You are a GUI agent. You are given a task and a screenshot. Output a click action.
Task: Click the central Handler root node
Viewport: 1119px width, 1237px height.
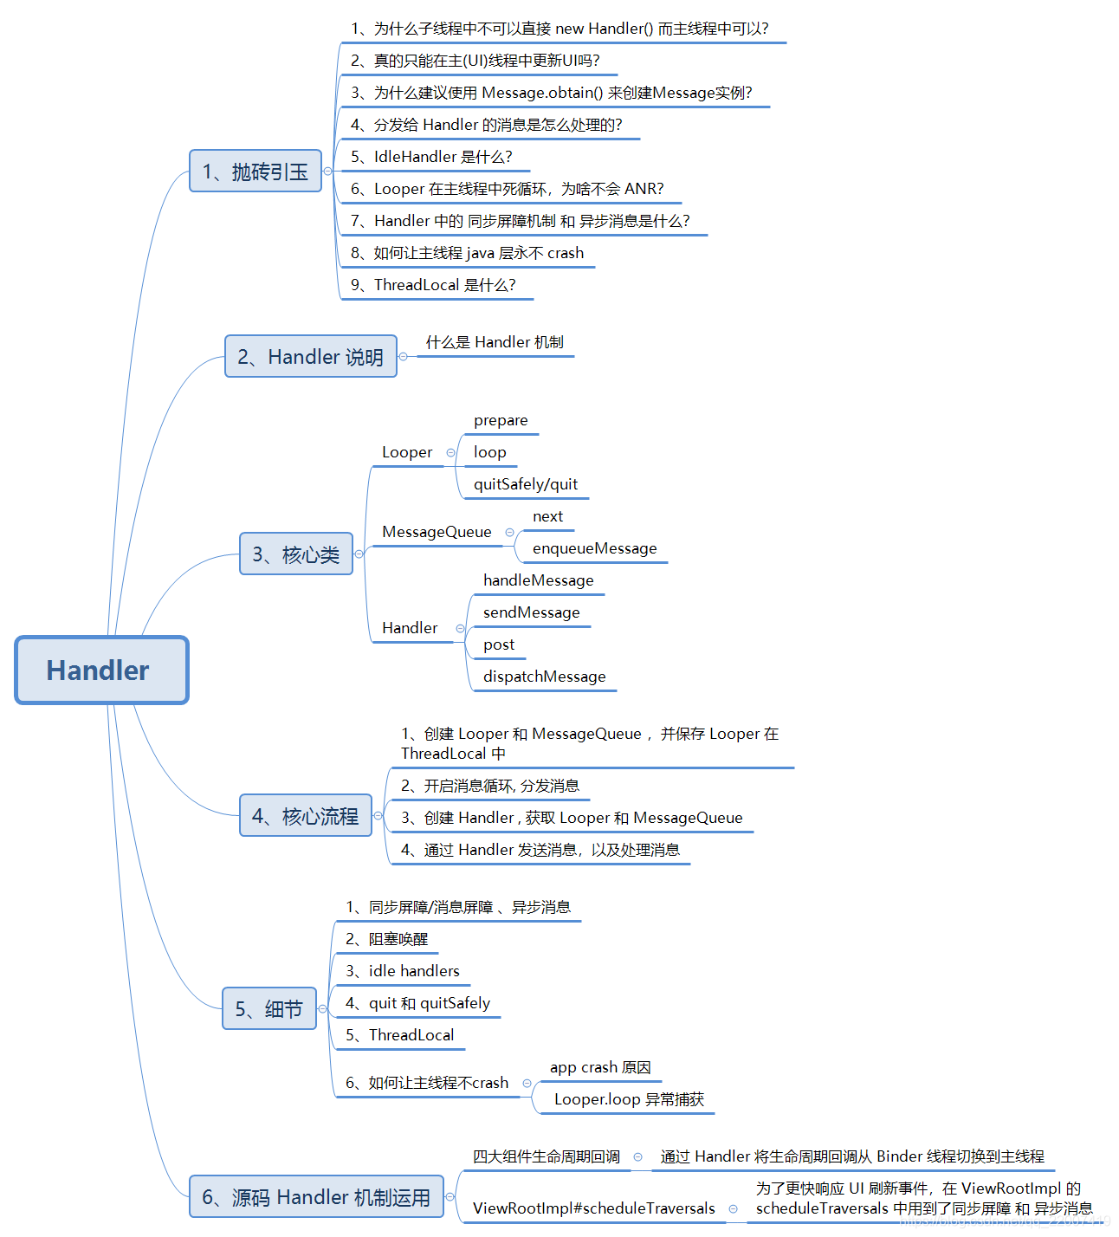[x=101, y=670]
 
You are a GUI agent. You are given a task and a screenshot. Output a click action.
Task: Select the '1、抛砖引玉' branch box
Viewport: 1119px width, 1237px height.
[x=255, y=172]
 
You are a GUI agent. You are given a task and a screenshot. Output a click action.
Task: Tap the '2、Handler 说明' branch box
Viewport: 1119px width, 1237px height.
[x=310, y=357]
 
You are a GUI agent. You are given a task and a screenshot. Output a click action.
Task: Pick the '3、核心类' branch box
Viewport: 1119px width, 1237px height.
[x=296, y=554]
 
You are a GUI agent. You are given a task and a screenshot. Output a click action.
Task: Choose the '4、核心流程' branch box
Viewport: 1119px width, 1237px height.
[x=305, y=816]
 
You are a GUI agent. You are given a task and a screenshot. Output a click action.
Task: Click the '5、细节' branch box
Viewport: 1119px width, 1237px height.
[x=268, y=1009]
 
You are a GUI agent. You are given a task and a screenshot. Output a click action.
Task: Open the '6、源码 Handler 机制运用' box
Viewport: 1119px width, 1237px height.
[x=316, y=1197]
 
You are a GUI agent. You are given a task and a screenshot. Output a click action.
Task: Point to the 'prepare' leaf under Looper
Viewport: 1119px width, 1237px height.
[x=501, y=421]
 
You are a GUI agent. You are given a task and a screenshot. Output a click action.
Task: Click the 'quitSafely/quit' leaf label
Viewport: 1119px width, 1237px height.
[x=526, y=484]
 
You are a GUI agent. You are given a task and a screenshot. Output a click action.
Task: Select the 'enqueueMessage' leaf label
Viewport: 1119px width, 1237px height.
[x=594, y=548]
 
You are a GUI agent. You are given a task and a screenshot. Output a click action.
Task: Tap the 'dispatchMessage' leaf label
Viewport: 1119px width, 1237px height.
[x=544, y=677]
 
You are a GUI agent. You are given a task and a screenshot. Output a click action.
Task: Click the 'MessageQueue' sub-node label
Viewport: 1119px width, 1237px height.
[x=437, y=532]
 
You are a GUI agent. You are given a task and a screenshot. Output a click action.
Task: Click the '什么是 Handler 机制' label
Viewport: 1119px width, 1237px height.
[x=495, y=342]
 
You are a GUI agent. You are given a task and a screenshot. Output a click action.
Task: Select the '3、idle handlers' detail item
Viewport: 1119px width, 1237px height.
[x=403, y=971]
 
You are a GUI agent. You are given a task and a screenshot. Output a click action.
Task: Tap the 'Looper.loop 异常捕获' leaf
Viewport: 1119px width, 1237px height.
[x=629, y=1099]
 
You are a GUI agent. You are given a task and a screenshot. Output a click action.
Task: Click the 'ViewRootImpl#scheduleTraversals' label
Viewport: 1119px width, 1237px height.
[x=593, y=1208]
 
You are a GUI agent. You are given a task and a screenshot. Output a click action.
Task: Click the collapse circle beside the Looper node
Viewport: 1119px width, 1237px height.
[x=450, y=453]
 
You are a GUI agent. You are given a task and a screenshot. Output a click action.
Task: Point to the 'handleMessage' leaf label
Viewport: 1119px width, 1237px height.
[x=539, y=580]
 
